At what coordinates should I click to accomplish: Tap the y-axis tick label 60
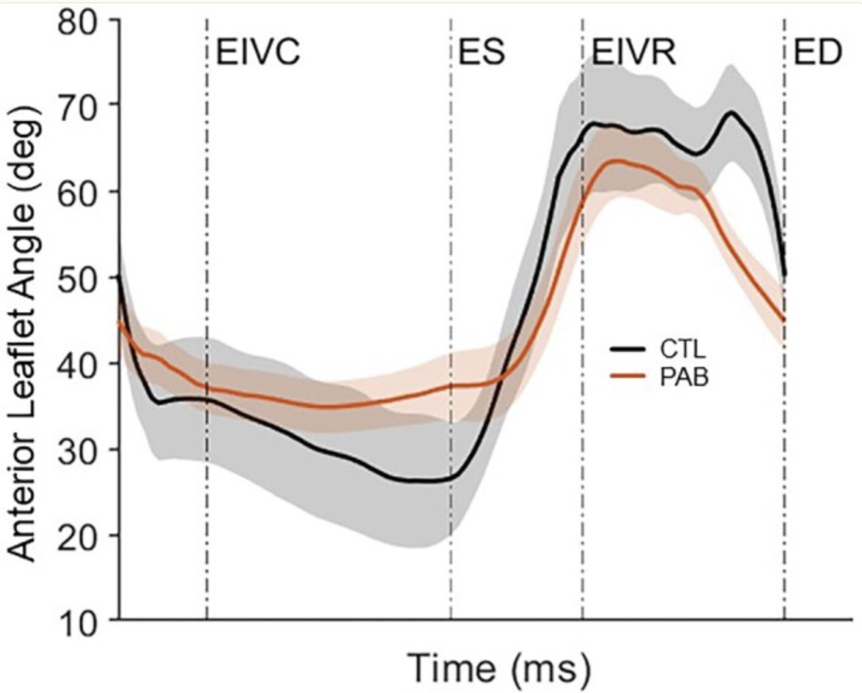point(79,191)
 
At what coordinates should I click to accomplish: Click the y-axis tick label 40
point(79,363)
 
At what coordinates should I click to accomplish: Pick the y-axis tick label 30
point(79,449)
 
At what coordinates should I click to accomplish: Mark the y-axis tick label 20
point(79,534)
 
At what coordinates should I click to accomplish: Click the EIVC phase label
point(258,53)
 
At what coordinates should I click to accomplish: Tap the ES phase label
point(481,53)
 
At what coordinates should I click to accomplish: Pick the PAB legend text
point(683,377)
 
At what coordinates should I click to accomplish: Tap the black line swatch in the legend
point(628,349)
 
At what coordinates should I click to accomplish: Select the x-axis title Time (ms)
point(499,668)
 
